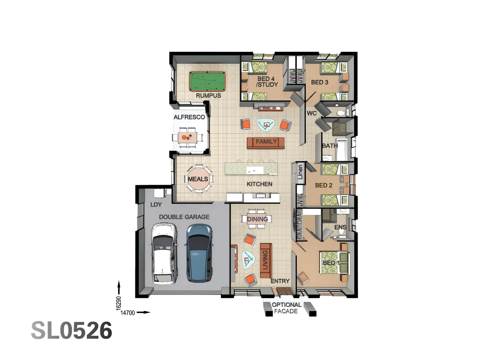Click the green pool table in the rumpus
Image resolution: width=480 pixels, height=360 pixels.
click(x=207, y=81)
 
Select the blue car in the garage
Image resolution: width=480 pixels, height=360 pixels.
click(x=199, y=253)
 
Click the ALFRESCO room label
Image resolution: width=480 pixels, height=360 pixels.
click(x=189, y=117)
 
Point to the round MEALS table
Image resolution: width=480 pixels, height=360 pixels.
click(x=198, y=179)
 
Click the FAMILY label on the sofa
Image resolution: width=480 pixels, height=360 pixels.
click(x=266, y=142)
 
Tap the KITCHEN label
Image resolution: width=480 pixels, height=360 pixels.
click(x=259, y=184)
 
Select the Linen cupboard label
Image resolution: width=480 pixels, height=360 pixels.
click(x=300, y=172)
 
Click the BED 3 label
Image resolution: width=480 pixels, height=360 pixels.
click(x=319, y=82)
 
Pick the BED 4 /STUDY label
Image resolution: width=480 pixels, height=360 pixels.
click(x=266, y=82)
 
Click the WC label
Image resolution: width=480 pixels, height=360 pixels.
click(x=312, y=113)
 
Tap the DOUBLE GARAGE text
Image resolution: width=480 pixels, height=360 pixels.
click(x=184, y=217)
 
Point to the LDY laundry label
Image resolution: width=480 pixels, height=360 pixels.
click(x=156, y=205)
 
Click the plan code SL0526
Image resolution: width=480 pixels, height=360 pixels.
click(x=72, y=331)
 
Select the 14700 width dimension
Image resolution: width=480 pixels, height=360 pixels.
click(x=128, y=313)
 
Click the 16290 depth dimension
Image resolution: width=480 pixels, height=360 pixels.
click(x=119, y=303)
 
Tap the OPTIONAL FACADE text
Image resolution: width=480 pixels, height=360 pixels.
click(x=286, y=308)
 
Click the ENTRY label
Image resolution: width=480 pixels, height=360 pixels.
click(x=280, y=281)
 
